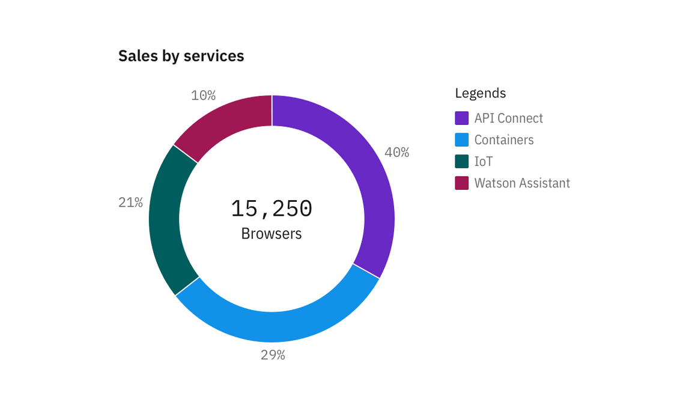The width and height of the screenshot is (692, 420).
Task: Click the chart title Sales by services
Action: (x=181, y=56)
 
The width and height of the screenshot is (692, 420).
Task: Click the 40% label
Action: (x=396, y=153)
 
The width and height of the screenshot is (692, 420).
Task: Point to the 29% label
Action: (x=273, y=355)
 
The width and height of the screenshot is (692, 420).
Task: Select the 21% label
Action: (x=130, y=202)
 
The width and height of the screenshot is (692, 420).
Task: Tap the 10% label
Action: (x=203, y=96)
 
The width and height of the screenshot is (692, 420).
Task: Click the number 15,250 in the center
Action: (x=272, y=208)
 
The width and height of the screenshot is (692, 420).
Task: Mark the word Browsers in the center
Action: (x=272, y=233)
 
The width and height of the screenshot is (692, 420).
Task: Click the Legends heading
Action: (x=480, y=93)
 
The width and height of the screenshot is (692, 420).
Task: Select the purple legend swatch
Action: (x=461, y=118)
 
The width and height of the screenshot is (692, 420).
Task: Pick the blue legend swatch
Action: (x=461, y=140)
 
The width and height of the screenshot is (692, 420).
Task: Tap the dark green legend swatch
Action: (x=461, y=162)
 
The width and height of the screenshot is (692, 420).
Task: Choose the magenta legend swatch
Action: (x=461, y=183)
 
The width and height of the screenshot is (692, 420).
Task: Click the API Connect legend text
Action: (x=508, y=118)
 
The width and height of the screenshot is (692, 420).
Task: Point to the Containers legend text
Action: (x=504, y=140)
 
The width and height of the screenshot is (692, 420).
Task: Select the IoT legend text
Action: (x=484, y=162)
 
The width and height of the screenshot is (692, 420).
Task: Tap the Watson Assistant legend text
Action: (x=522, y=183)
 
